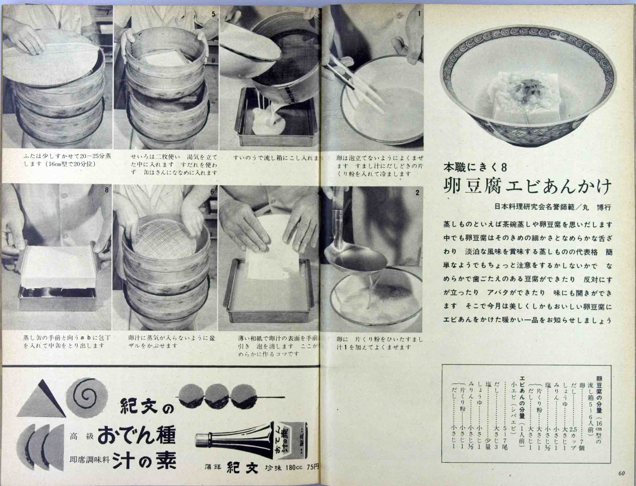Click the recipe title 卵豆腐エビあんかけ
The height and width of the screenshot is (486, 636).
point(527,186)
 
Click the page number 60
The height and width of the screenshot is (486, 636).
point(621,473)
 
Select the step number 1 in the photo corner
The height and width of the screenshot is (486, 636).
point(419,14)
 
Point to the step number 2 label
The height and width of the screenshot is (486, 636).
point(417,193)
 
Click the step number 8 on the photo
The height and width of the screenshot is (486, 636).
point(107,190)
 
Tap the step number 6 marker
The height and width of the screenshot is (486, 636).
point(212,192)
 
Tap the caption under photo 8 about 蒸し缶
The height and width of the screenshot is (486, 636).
point(67,341)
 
